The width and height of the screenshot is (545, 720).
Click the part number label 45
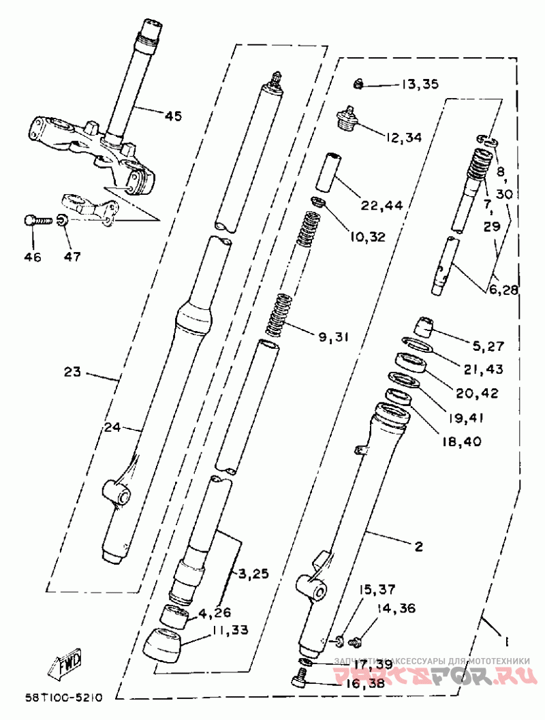click(173, 116)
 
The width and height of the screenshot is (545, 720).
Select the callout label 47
click(72, 257)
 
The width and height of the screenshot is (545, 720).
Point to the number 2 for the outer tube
click(418, 546)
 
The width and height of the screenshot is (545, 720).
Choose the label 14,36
click(396, 608)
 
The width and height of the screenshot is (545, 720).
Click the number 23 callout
click(72, 373)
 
